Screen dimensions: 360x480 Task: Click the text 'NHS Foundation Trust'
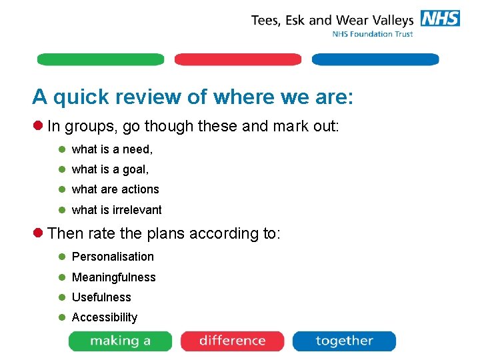click(x=372, y=34)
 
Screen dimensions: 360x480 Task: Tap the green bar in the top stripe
click(x=101, y=59)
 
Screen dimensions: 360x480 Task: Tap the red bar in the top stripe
click(x=238, y=59)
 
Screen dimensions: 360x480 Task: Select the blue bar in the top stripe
click(x=375, y=59)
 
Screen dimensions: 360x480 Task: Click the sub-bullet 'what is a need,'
click(x=112, y=149)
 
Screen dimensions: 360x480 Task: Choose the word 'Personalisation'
click(x=113, y=257)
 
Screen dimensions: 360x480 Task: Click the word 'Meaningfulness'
click(x=113, y=277)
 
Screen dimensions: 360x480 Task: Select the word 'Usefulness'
click(x=101, y=297)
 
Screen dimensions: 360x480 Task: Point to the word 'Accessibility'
click(x=105, y=317)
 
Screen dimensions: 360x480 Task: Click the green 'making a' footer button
click(x=120, y=341)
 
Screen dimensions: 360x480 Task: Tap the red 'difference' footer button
click(x=232, y=341)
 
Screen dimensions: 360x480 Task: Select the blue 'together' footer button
click(x=344, y=341)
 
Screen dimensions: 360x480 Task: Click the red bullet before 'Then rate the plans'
click(x=39, y=233)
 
